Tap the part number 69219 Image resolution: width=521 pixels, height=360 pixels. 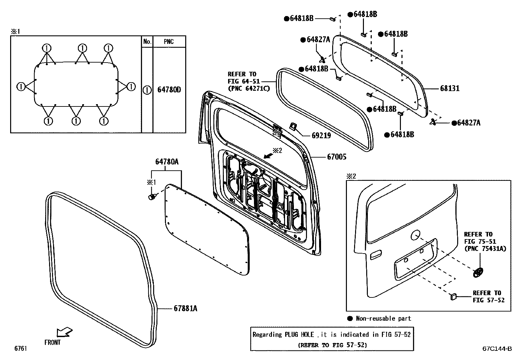pyautogui.click(x=321, y=135)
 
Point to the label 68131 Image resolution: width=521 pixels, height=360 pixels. pyautogui.click(x=449, y=88)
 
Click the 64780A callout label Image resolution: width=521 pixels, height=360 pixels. pyautogui.click(x=167, y=162)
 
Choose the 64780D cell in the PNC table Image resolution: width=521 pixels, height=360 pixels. pyautogui.click(x=169, y=90)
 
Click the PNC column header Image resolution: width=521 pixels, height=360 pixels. pyautogui.click(x=169, y=42)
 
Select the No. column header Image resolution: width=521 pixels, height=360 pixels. pyautogui.click(x=147, y=42)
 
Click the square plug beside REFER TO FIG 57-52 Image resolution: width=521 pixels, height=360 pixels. pyautogui.click(x=453, y=296)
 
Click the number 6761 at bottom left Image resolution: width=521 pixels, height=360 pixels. pyautogui.click(x=20, y=349)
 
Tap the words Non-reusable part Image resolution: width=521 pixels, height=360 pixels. pyautogui.click(x=383, y=318)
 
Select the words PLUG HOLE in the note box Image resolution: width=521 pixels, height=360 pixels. pyautogui.click(x=299, y=335)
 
